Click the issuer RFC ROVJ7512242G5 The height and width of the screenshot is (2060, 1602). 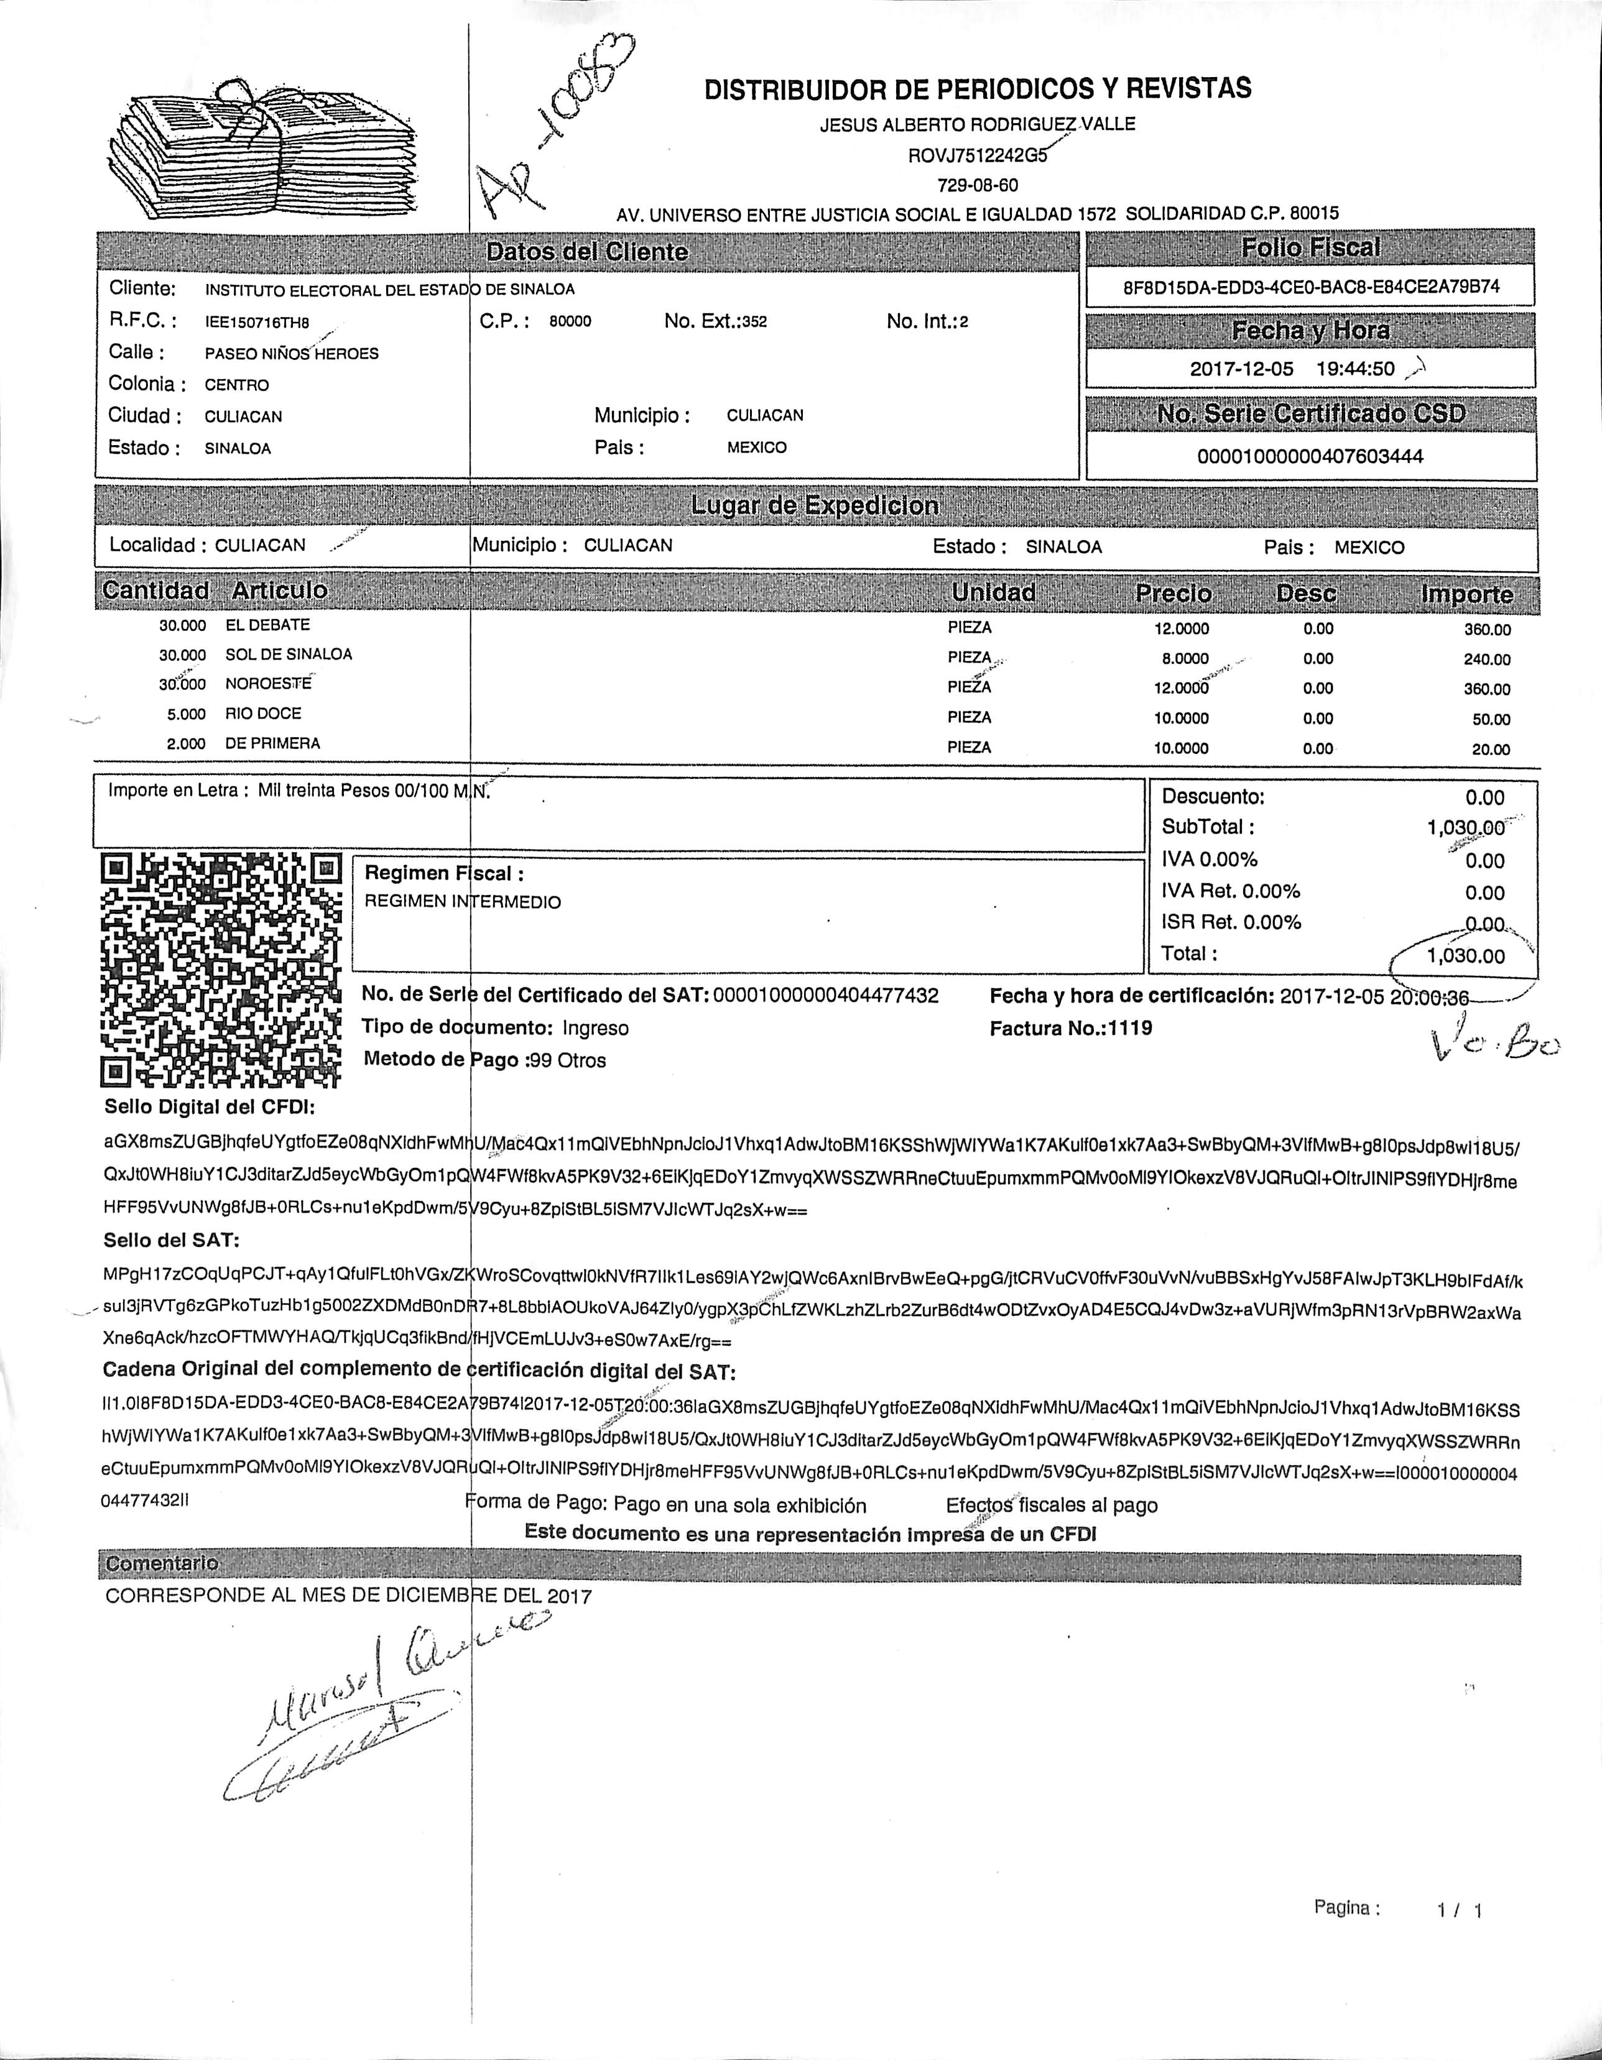(x=976, y=155)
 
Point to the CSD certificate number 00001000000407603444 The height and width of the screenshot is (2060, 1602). (x=1310, y=456)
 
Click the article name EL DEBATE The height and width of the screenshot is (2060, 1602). (x=267, y=625)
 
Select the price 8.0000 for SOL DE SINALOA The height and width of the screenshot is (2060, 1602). (x=1185, y=658)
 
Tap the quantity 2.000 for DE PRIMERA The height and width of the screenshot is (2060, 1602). (x=186, y=744)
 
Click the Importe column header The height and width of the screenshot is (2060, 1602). (x=1466, y=594)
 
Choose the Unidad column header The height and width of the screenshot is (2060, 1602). (x=993, y=592)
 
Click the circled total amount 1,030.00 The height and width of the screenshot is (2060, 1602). (x=1465, y=955)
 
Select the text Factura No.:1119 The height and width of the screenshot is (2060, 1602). (x=1071, y=1028)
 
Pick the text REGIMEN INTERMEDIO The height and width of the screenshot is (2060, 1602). (x=462, y=902)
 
